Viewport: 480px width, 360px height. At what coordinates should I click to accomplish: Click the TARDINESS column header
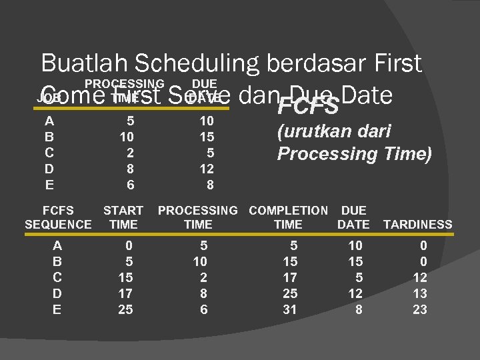coord(418,225)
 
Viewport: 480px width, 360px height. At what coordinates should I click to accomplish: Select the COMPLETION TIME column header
coord(288,217)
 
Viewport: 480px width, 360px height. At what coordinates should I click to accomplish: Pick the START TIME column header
coord(123,217)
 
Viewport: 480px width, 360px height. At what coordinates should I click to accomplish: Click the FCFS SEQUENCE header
coord(58,217)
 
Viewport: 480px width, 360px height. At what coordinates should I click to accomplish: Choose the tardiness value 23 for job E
coord(419,309)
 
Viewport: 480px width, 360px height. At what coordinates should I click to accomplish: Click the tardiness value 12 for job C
coord(419,277)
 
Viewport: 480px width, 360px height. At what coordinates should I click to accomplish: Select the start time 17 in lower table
coord(125,293)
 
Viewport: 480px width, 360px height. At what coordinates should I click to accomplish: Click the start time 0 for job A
coord(129,245)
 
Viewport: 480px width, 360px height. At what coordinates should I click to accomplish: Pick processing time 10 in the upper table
coord(127,137)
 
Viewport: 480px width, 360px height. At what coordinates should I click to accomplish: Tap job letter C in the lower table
coord(57,277)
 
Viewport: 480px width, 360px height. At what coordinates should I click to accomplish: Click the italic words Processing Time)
coord(355,154)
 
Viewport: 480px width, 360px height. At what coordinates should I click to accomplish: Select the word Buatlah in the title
coord(84,64)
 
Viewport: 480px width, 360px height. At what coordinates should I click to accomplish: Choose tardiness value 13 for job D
coord(419,293)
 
